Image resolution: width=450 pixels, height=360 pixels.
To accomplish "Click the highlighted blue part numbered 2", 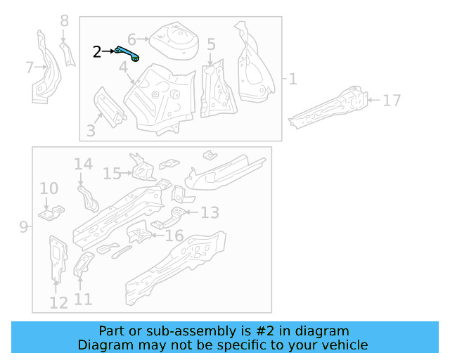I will pyautogui.click(x=127, y=53).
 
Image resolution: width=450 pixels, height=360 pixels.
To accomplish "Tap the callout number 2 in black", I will pyautogui.click(x=97, y=51).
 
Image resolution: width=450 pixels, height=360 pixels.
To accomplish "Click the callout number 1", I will pyautogui.click(x=292, y=79).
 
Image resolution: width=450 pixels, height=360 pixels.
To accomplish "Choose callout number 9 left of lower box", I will pyautogui.click(x=23, y=227).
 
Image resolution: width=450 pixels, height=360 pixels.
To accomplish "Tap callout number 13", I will pyautogui.click(x=210, y=212).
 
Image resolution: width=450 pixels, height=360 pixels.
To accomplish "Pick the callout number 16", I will pyautogui.click(x=174, y=236).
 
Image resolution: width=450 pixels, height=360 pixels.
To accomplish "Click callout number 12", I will pyautogui.click(x=58, y=302).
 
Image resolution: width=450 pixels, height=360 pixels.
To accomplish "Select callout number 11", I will pyautogui.click(x=83, y=300).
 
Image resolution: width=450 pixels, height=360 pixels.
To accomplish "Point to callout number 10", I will pyautogui.click(x=49, y=188).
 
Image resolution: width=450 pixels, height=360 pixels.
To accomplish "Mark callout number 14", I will pyautogui.click(x=83, y=165).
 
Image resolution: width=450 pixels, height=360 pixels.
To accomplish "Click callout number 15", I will pyautogui.click(x=112, y=173).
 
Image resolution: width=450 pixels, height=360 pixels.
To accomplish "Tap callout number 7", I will pyautogui.click(x=29, y=67).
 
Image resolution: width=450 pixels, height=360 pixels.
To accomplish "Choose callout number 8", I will pyautogui.click(x=65, y=21).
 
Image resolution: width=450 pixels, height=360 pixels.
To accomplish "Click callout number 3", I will pyautogui.click(x=91, y=130).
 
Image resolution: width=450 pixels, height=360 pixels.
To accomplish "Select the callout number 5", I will pyautogui.click(x=211, y=45).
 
